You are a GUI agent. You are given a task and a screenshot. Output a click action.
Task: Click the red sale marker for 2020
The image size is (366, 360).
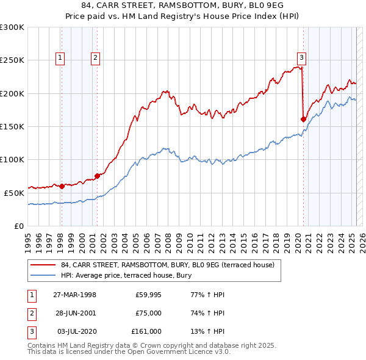[x=304, y=119]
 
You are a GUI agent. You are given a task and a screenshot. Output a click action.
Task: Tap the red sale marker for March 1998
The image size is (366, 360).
[x=62, y=185]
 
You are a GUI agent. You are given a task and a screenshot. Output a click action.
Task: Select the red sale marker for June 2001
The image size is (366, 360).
[x=97, y=176]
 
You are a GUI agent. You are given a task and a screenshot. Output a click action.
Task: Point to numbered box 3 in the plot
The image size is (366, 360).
[x=301, y=58]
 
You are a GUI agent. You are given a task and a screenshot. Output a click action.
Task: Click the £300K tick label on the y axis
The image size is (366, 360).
[x=12, y=27]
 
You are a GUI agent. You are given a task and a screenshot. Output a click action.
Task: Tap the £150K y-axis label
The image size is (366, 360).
[x=12, y=126]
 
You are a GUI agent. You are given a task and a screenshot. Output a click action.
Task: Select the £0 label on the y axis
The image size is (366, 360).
[x=20, y=226]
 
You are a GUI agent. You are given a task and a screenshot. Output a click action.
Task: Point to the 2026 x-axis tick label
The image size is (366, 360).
[x=362, y=239]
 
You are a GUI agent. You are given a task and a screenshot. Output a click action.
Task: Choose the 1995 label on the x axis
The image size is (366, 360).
[x=28, y=239]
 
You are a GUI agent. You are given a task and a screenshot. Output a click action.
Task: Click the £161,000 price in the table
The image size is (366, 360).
[x=146, y=331]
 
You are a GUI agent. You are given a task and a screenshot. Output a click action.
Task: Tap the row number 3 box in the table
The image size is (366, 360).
[x=31, y=331]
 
